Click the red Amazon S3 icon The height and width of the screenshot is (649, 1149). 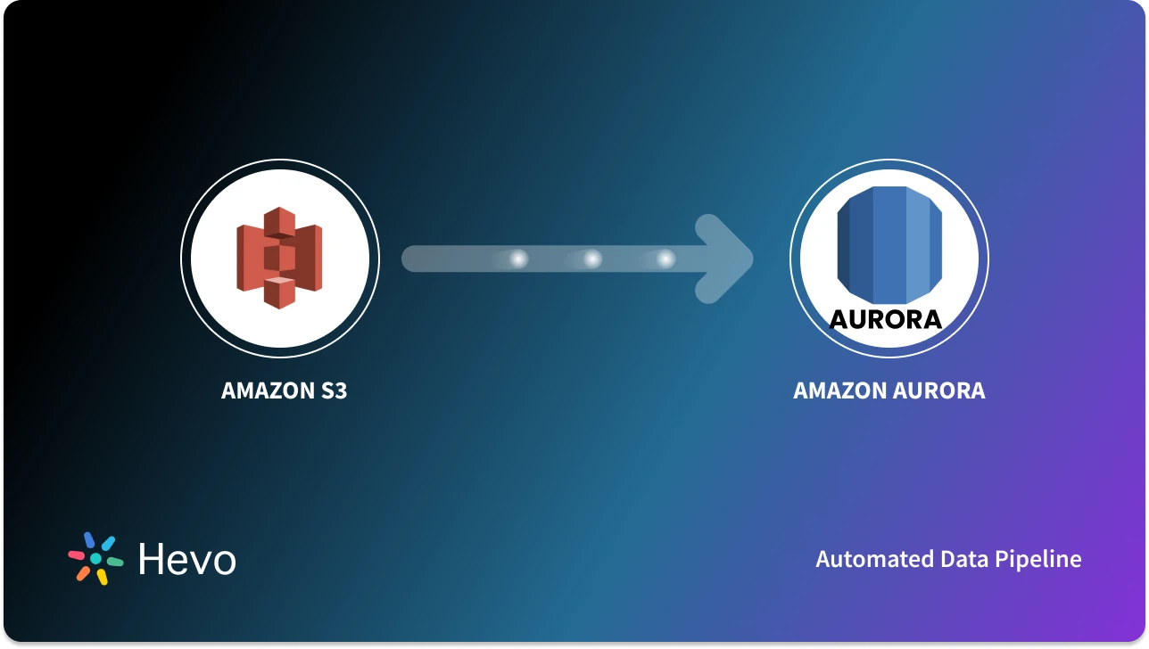[x=279, y=258]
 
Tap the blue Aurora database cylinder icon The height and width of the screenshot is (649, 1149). [x=889, y=245]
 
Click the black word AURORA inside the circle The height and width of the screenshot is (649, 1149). [x=886, y=319]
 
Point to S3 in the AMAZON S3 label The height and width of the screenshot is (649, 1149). [x=330, y=390]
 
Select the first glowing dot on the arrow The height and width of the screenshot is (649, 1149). [x=517, y=259]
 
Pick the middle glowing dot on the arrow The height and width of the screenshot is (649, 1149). [x=591, y=259]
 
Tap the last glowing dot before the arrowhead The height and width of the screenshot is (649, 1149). [x=665, y=259]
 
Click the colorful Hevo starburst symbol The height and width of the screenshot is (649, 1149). [x=95, y=558]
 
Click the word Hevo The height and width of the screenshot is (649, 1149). [x=187, y=559]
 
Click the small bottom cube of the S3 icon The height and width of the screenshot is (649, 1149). [x=279, y=292]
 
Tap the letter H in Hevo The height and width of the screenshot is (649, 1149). [x=151, y=559]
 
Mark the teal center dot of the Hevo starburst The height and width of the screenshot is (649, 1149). [x=95, y=558]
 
